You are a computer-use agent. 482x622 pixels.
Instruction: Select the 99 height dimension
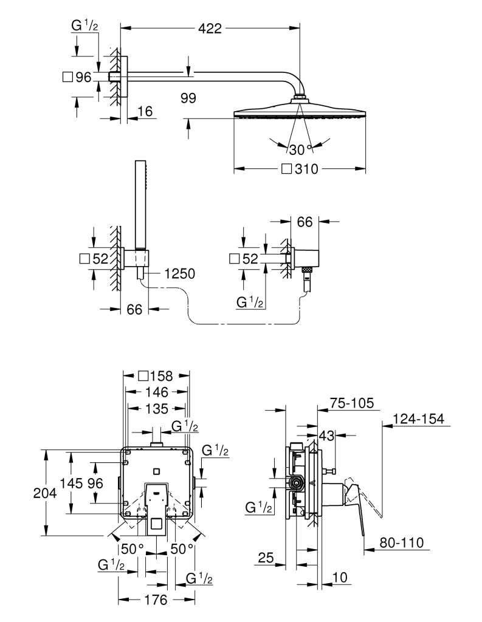(188, 98)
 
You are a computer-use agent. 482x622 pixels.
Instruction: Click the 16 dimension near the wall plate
(144, 111)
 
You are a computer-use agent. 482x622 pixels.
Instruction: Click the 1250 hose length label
(178, 274)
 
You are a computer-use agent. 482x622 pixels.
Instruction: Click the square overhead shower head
(300, 113)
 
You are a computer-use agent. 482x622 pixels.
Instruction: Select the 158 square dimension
(156, 376)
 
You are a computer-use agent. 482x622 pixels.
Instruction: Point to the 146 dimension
(156, 392)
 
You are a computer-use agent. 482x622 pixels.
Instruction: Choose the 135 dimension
(156, 408)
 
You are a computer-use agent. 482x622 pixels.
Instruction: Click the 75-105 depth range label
(351, 403)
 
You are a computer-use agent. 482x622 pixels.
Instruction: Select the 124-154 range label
(418, 419)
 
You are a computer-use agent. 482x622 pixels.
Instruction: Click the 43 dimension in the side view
(327, 435)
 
